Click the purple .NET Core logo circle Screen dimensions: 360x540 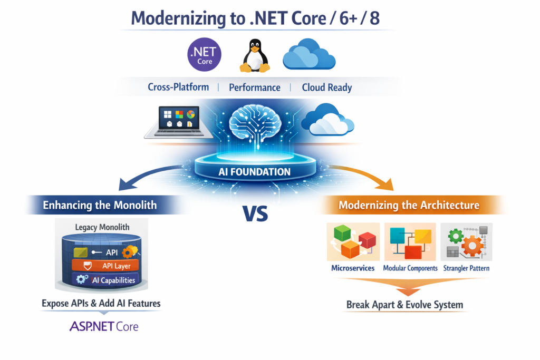tap(205, 55)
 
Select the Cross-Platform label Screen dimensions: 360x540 tap(178, 87)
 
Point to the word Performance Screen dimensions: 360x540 tap(254, 87)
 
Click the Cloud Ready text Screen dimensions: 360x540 tap(326, 87)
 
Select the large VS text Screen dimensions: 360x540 tap(255, 212)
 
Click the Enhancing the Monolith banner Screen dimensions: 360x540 tap(100, 205)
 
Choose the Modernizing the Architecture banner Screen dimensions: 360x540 tap(409, 205)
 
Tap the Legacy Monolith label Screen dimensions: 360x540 tap(102, 227)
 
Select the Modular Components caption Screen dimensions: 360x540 tap(410, 268)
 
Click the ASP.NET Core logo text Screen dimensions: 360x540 tap(104, 326)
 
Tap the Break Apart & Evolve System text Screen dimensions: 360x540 tap(404, 305)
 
